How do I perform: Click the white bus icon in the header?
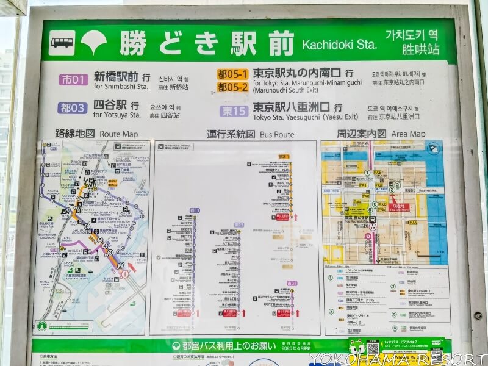click(62, 43)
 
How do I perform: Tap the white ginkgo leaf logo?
click(94, 42)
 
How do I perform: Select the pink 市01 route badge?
click(73, 79)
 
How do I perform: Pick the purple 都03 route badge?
click(73, 108)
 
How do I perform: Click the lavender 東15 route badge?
click(234, 110)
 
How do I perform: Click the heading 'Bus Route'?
click(277, 134)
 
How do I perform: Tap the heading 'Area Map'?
click(408, 134)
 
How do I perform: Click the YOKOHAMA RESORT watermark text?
click(396, 358)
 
